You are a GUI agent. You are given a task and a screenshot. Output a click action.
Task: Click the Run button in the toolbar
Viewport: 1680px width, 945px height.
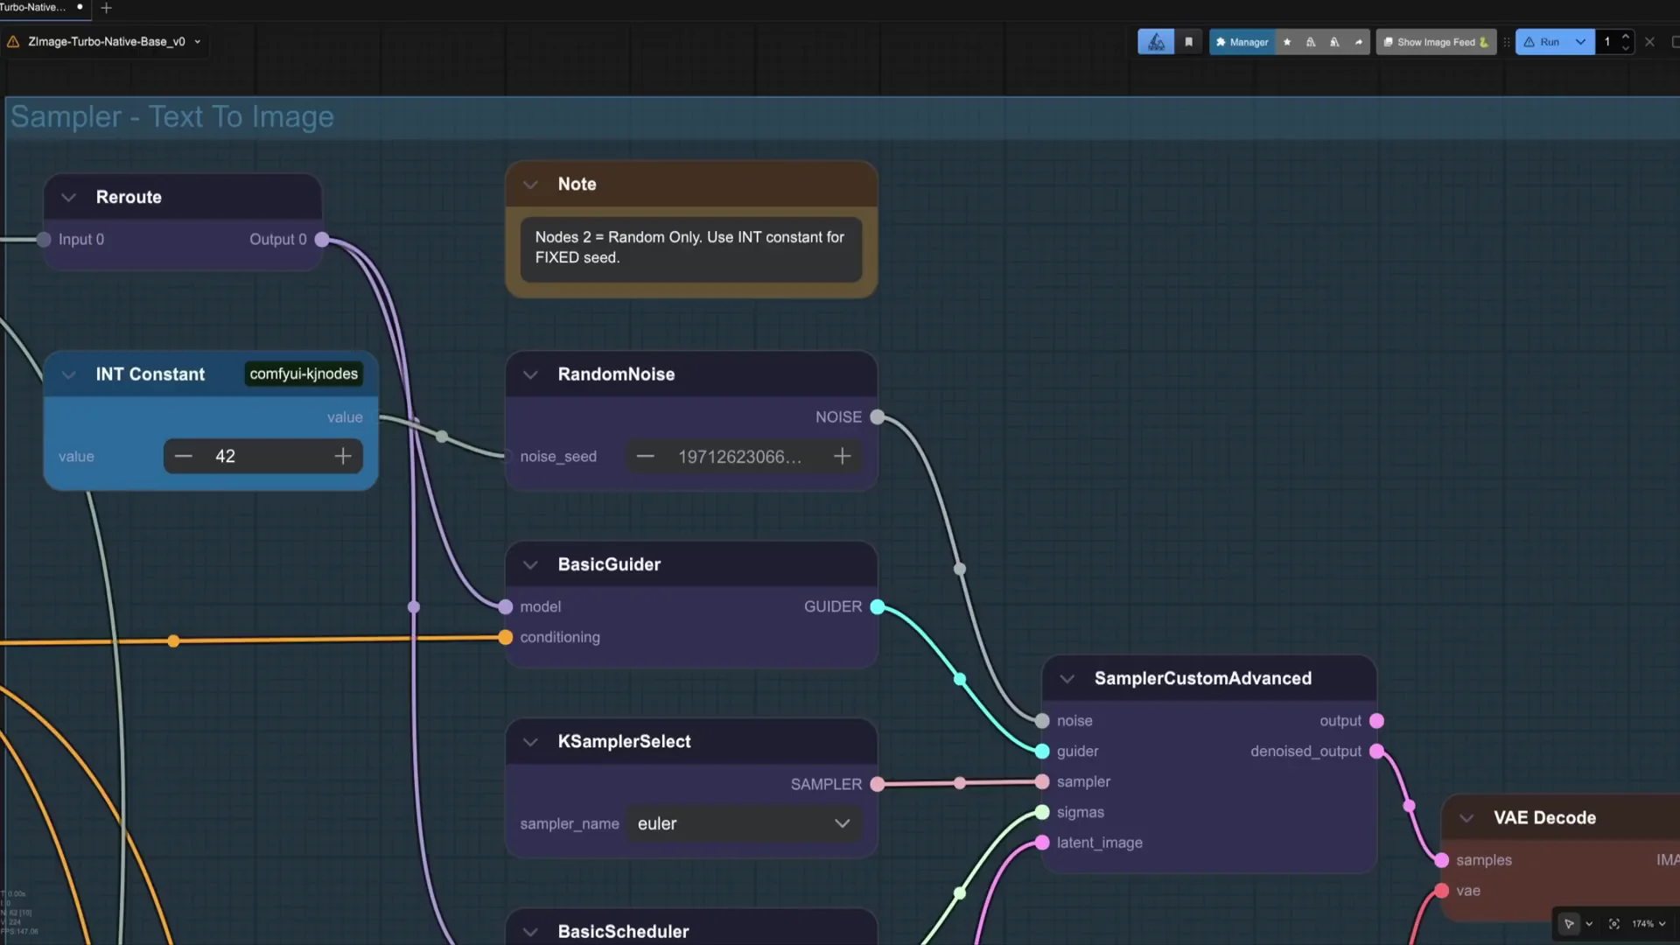pos(1544,42)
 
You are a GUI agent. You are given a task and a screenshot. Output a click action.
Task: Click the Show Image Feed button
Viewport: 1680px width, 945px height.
pos(1435,42)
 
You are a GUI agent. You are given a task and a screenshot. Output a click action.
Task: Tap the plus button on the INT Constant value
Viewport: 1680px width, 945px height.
pos(343,456)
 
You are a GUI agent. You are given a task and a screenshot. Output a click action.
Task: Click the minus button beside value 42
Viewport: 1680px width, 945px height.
pos(184,456)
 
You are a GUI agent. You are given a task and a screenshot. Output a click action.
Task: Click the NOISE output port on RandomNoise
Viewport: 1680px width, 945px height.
pos(878,417)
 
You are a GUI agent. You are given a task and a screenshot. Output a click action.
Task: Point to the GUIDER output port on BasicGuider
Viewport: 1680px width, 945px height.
pos(878,606)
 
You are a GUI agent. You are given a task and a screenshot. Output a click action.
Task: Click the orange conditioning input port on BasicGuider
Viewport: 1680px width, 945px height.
pos(506,637)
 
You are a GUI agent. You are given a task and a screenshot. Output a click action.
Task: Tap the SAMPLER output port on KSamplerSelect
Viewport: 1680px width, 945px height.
pos(878,784)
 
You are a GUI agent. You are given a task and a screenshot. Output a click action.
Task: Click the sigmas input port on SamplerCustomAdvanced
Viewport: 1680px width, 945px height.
pos(1042,812)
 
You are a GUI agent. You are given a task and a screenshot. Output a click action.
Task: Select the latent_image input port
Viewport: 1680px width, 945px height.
pos(1042,843)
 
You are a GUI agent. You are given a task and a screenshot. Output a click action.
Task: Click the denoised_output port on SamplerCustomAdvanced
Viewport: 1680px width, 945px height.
pos(1376,751)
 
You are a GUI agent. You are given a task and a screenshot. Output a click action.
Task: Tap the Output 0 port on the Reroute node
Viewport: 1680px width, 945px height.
pos(322,239)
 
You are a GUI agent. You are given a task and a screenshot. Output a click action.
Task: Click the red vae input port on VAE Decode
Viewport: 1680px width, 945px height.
pos(1441,891)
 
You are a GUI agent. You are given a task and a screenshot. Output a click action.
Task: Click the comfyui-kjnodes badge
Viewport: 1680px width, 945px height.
pos(304,374)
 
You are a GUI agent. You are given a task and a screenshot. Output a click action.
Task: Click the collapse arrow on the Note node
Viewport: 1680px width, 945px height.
pos(530,185)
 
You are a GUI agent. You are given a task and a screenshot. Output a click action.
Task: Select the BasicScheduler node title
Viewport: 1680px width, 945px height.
pos(623,931)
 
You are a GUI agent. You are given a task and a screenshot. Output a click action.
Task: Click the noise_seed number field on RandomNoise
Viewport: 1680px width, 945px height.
pos(739,457)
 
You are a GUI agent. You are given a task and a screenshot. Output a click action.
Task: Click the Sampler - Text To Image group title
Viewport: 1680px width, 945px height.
pos(172,116)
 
